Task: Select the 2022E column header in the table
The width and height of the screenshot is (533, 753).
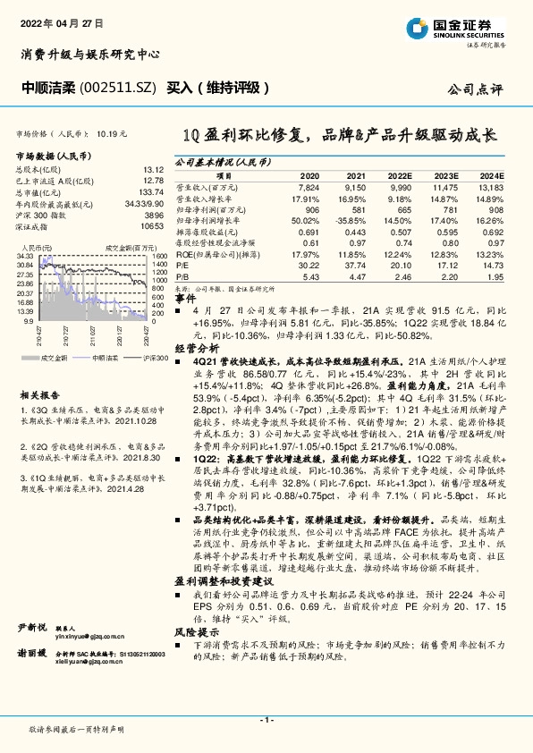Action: tap(402, 177)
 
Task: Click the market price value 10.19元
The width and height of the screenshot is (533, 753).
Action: tap(112, 133)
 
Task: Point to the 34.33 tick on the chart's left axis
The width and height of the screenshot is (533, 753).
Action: tap(25, 257)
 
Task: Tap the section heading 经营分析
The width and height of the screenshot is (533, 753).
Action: tap(197, 347)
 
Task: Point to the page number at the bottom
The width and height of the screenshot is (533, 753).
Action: tap(266, 720)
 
